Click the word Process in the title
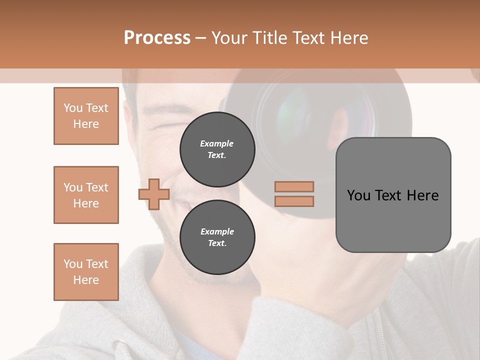point(157,38)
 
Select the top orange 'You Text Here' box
point(86,116)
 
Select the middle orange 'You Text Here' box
point(86,195)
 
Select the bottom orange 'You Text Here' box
point(86,272)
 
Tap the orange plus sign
point(154,194)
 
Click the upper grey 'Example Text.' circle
point(217,149)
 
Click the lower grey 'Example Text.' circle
point(217,237)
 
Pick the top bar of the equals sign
point(294,186)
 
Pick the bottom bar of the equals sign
point(294,201)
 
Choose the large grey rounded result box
point(393,195)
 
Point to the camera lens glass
point(300,112)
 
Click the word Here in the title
point(348,38)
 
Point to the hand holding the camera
point(330,260)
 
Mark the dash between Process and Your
point(200,38)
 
